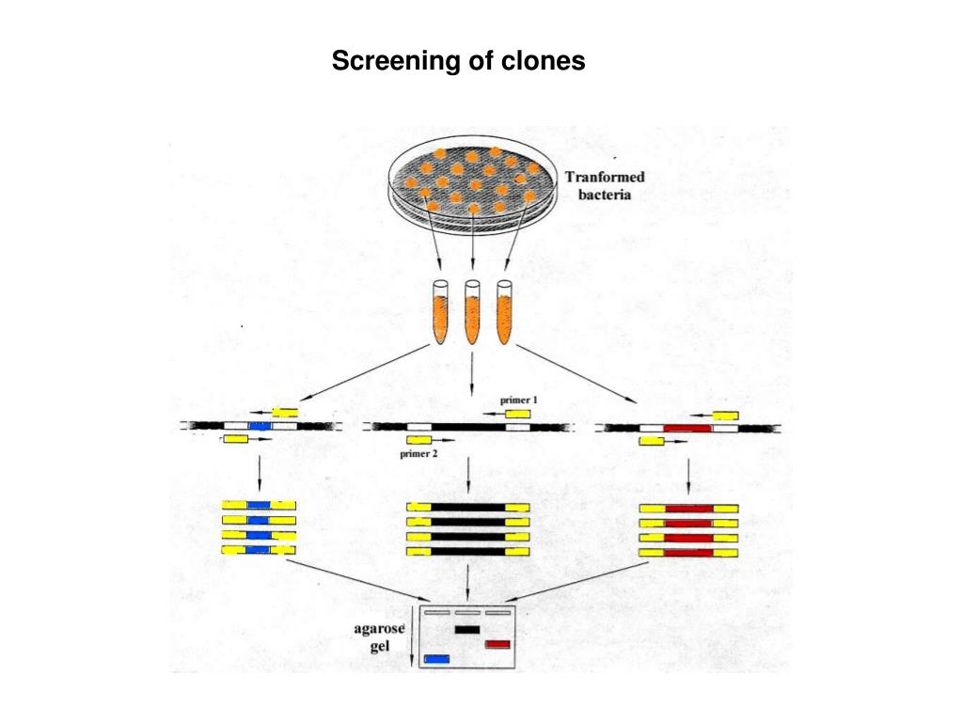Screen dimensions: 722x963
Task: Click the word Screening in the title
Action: click(387, 62)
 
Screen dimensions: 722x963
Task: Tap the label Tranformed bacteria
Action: click(604, 186)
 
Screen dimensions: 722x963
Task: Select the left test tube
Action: click(440, 310)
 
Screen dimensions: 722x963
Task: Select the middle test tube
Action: click(472, 310)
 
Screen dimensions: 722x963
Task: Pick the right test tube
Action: click(505, 310)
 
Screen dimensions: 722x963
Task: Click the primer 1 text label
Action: click(518, 400)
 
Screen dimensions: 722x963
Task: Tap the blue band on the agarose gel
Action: click(437, 658)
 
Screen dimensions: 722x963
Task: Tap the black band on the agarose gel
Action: click(467, 630)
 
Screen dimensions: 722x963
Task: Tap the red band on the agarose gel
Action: click(497, 644)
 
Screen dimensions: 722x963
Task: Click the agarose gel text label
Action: click(386, 639)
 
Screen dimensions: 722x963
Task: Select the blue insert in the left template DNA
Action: click(259, 427)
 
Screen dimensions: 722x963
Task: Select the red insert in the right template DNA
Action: click(687, 428)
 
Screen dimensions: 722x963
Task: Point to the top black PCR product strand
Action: click(468, 508)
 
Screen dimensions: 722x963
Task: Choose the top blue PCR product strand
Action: click(259, 506)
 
